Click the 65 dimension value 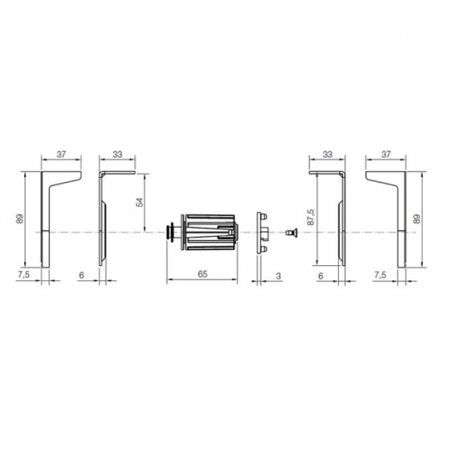[x=202, y=274]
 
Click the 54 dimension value [x=140, y=202]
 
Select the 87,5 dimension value [x=311, y=217]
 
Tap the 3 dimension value [x=278, y=276]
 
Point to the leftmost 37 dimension [x=61, y=154]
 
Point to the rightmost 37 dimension [x=385, y=154]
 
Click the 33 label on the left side [x=117, y=154]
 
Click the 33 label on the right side [x=327, y=154]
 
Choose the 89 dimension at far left [x=20, y=219]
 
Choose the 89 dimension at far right [x=417, y=219]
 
